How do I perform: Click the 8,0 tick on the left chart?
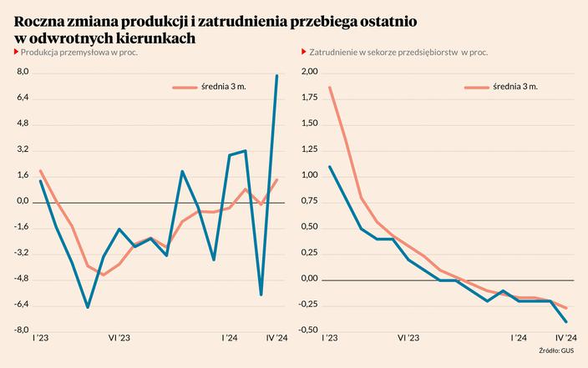pos(23,73)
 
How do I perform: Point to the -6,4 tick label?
pos(21,305)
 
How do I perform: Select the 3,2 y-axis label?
pos(23,149)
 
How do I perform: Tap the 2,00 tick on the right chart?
pos(309,73)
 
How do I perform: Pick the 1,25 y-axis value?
pos(309,150)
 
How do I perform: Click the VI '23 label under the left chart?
pos(119,338)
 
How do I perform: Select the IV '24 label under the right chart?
pos(565,338)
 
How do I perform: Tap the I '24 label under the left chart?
pos(229,338)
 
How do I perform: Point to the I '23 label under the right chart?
pos(327,338)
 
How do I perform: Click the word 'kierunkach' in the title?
pos(153,38)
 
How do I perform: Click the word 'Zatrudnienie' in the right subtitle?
pos(338,53)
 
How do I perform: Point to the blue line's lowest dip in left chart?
pos(88,307)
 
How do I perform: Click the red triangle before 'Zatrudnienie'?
pos(303,53)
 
